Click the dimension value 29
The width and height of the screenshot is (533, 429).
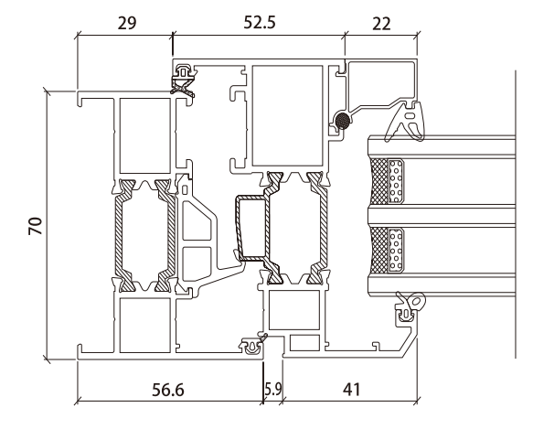(127, 23)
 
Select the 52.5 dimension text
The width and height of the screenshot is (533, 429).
(260, 23)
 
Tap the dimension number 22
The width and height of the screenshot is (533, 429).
(381, 24)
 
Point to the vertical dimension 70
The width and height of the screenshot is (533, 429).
(36, 226)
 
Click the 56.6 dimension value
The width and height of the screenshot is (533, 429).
(167, 390)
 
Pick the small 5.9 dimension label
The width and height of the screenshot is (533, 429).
(273, 389)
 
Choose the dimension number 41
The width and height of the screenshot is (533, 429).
(351, 390)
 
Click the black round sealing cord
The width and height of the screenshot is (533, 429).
(342, 121)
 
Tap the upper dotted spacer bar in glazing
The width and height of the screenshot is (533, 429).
(396, 181)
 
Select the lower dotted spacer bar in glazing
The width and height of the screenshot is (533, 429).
(396, 250)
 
